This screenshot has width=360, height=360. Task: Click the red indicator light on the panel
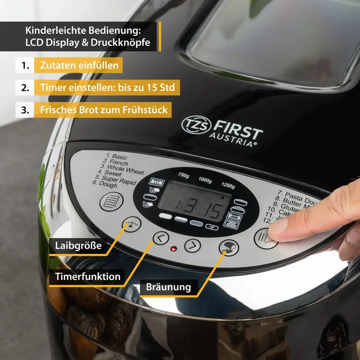pyautogui.click(x=173, y=249)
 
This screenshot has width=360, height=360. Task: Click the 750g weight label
pyautogui.click(x=184, y=175)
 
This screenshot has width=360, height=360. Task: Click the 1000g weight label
pyautogui.click(x=205, y=180)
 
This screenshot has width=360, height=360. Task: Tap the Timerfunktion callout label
pyautogui.click(x=88, y=276)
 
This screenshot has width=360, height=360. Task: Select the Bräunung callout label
pyautogui.click(x=169, y=287)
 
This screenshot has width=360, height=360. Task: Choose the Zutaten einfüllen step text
pyautogui.click(x=80, y=66)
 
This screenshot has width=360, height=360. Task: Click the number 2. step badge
pyautogui.click(x=25, y=87)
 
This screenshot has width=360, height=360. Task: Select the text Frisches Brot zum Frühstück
pyautogui.click(x=103, y=109)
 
